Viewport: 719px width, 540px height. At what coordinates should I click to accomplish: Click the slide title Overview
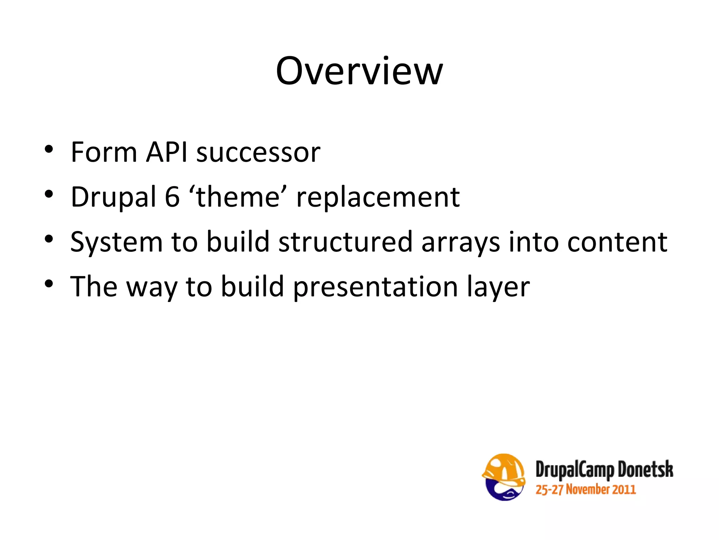coord(359,71)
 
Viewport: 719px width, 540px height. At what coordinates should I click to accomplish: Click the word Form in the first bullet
coord(104,152)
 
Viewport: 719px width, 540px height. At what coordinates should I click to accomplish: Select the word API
coord(167,152)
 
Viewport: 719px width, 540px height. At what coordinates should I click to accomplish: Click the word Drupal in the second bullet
coord(113,197)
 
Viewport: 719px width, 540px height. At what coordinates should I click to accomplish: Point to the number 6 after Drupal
coord(172,197)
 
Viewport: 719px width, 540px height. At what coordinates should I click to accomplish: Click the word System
coord(116,242)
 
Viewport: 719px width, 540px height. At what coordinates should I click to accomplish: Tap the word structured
coord(345,242)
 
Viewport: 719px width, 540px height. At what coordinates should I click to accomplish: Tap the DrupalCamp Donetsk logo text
coord(604,470)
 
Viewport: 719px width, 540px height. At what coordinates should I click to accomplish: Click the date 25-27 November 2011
coord(585,490)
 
